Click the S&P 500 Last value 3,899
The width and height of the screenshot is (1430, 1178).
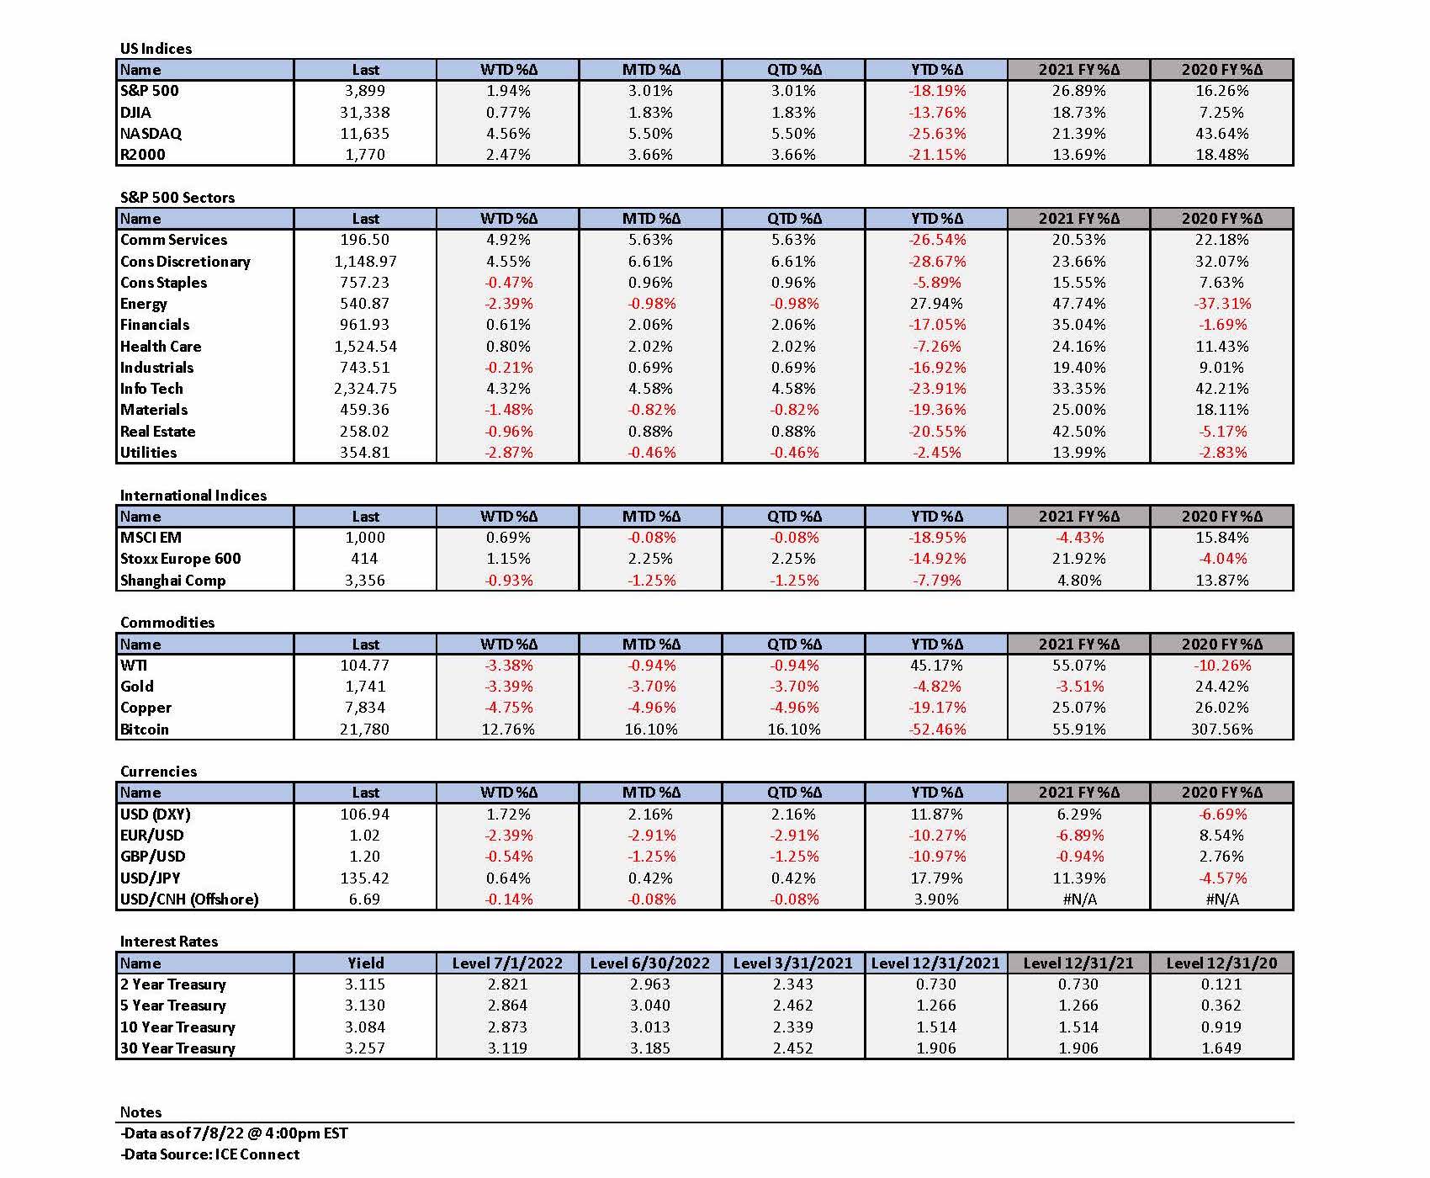click(365, 91)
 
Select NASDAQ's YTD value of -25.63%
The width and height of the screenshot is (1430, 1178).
click(937, 133)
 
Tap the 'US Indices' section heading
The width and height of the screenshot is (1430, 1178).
click(156, 48)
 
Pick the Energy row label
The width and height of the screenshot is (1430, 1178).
click(143, 304)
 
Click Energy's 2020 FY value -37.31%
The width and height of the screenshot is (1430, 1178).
click(1221, 304)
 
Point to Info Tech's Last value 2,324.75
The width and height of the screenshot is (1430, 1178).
click(365, 389)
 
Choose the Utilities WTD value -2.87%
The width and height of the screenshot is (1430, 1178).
click(507, 452)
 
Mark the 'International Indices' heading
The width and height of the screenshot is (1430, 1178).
click(193, 495)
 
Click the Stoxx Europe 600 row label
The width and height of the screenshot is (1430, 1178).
click(180, 559)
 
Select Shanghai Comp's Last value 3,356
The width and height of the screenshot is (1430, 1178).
click(365, 580)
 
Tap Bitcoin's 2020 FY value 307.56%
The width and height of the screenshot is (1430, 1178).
click(1221, 729)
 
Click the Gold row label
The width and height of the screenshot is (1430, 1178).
click(136, 687)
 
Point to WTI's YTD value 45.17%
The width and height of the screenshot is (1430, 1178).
click(936, 665)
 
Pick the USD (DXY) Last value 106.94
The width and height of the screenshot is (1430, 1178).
click(365, 814)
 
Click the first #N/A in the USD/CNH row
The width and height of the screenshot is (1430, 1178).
click(1079, 899)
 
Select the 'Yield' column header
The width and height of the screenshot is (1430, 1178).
click(365, 963)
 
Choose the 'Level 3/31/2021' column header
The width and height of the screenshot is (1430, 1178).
click(792, 963)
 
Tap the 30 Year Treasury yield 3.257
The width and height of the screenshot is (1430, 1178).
click(365, 1048)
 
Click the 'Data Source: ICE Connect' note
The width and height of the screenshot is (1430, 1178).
click(209, 1154)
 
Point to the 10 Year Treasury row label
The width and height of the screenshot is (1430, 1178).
click(177, 1027)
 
